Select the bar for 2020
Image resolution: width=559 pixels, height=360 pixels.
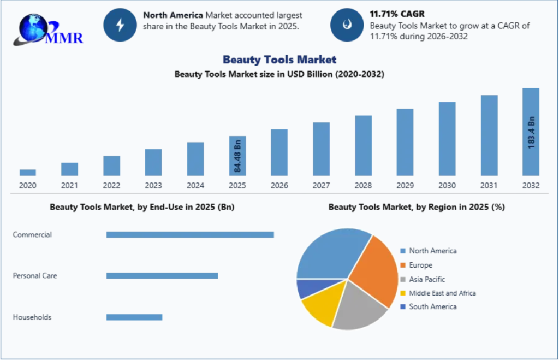point(28,172)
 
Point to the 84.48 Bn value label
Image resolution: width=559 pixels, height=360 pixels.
point(237,156)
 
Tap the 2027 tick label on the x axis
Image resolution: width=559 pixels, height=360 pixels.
point(321,186)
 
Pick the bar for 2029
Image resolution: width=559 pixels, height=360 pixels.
point(405,142)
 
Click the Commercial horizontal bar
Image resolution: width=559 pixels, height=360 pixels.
point(190,234)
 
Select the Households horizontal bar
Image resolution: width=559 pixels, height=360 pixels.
point(134,317)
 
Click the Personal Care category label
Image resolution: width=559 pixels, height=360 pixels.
point(35,276)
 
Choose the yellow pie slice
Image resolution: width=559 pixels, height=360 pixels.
point(319,306)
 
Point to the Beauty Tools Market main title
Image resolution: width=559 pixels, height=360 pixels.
point(279,60)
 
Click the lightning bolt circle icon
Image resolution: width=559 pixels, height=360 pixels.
point(120,25)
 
